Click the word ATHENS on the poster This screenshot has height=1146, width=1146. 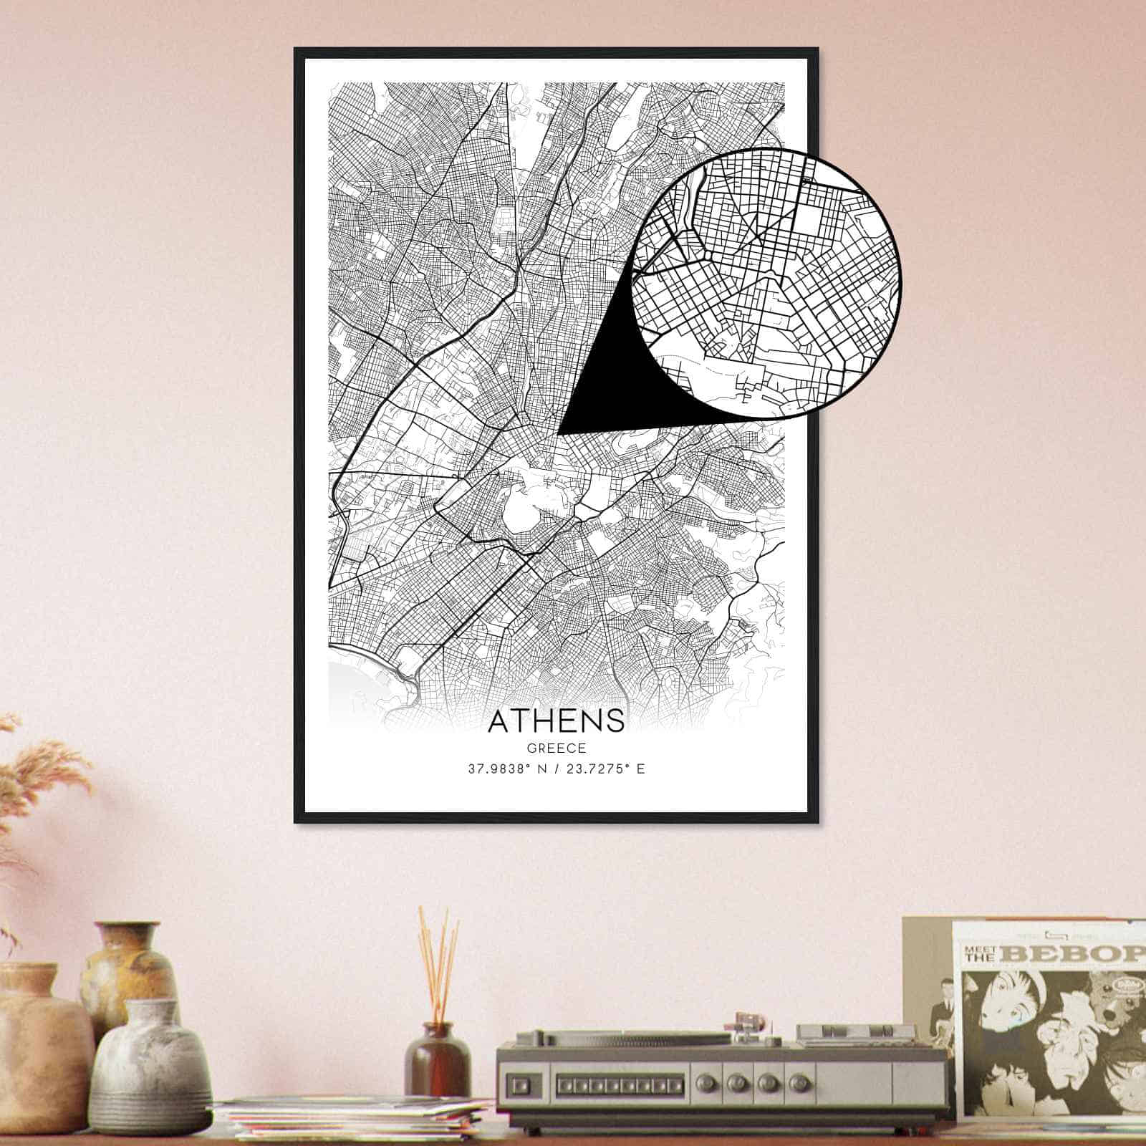click(x=556, y=721)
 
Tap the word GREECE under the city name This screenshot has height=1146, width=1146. click(x=557, y=748)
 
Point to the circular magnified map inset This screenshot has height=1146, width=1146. click(x=766, y=283)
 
